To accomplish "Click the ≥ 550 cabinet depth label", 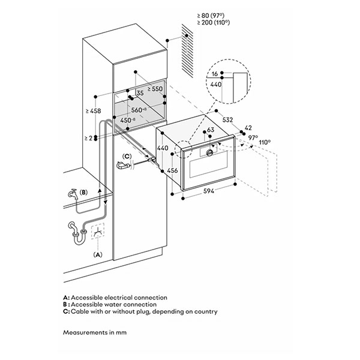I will [155, 89].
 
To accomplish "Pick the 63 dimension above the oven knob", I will [210, 131].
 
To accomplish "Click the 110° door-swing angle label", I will [265, 142].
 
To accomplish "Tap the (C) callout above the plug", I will [126, 156].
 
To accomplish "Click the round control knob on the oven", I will [209, 153].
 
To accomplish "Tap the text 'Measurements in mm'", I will [94, 332].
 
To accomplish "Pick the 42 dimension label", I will [250, 128].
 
